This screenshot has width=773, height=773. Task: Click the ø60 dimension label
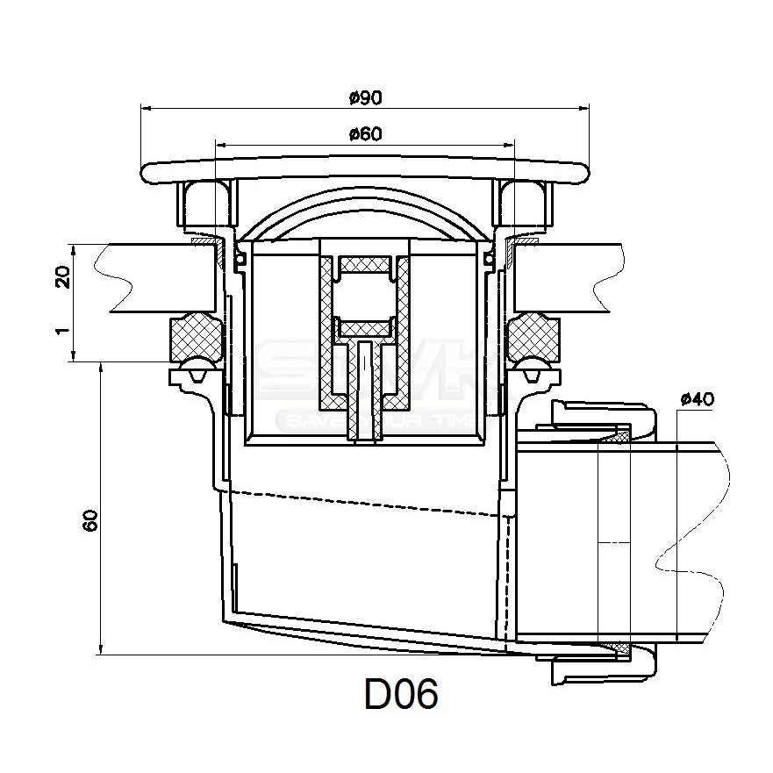(363, 134)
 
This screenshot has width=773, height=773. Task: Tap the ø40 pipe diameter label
(697, 399)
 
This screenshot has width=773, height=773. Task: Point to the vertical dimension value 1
(61, 334)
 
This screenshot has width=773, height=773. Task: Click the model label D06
(400, 696)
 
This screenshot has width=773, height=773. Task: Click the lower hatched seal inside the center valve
(363, 327)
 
